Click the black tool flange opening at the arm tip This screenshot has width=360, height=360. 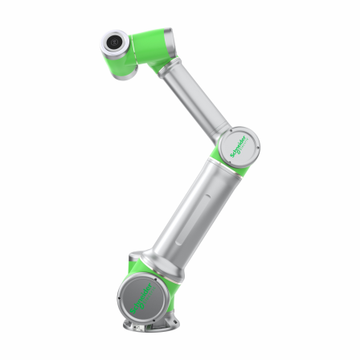point(113,41)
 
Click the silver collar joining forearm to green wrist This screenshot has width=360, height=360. point(166,73)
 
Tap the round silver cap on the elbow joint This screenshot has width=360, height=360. point(240,145)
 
